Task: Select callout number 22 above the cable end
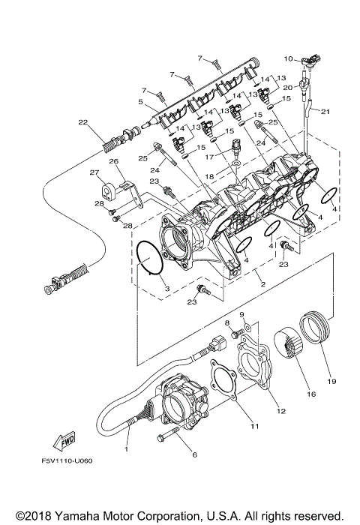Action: pos(82,122)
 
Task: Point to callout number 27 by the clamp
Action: pos(95,173)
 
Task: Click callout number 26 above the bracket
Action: pos(114,161)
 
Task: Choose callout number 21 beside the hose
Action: pos(325,112)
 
